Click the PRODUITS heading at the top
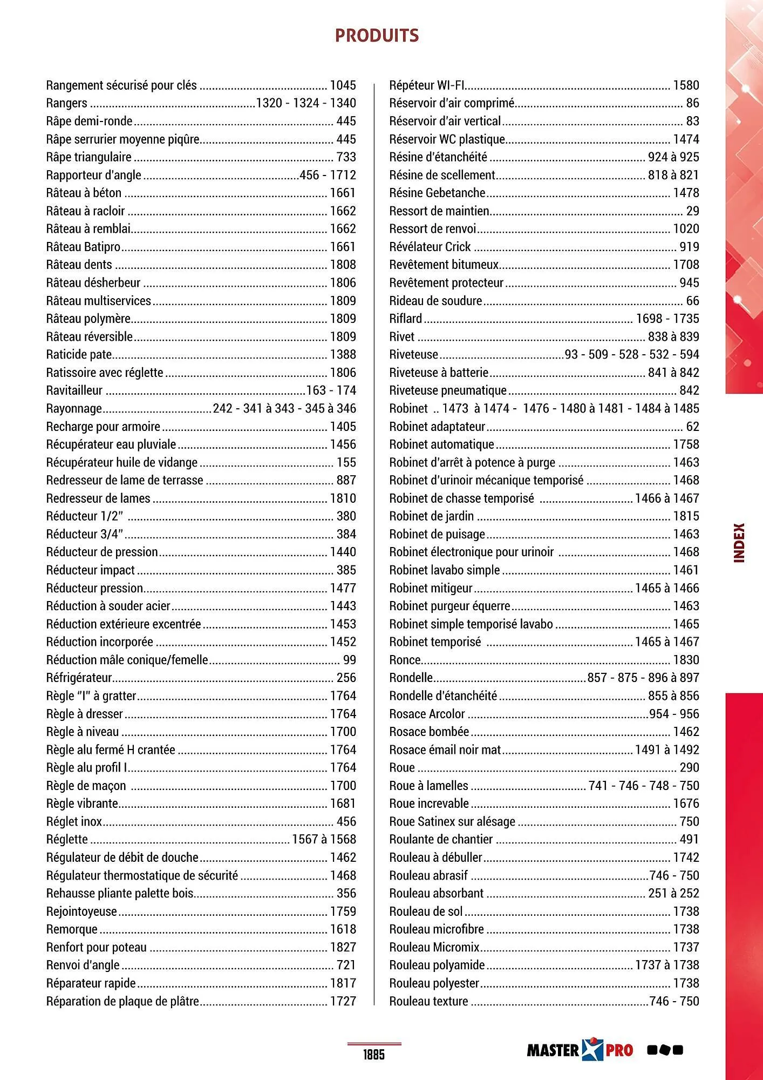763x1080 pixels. pos(377,36)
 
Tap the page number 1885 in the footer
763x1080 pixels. pos(373,1055)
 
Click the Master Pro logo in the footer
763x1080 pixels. pos(580,1050)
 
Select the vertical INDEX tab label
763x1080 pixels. pos(739,543)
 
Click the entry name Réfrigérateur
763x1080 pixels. pos(79,678)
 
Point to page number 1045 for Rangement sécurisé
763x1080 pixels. pos(343,85)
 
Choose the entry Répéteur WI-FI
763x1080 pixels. pos(427,85)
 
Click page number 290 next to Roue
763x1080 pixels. pos(689,767)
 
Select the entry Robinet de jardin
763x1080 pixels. pos(431,516)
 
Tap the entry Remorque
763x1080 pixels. pos(72,929)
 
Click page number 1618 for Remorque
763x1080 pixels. pos(343,929)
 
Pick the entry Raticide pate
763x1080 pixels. pos(79,355)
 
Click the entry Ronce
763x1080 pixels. pos(405,660)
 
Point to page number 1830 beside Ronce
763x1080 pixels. pos(686,660)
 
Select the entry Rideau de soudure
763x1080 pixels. pos(435,301)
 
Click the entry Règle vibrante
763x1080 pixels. pos(82,804)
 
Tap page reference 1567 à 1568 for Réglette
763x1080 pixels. pos(324,839)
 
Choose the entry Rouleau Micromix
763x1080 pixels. pos(434,947)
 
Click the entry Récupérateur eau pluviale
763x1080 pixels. pos(111,444)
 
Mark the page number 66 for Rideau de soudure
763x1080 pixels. pos(692,301)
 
